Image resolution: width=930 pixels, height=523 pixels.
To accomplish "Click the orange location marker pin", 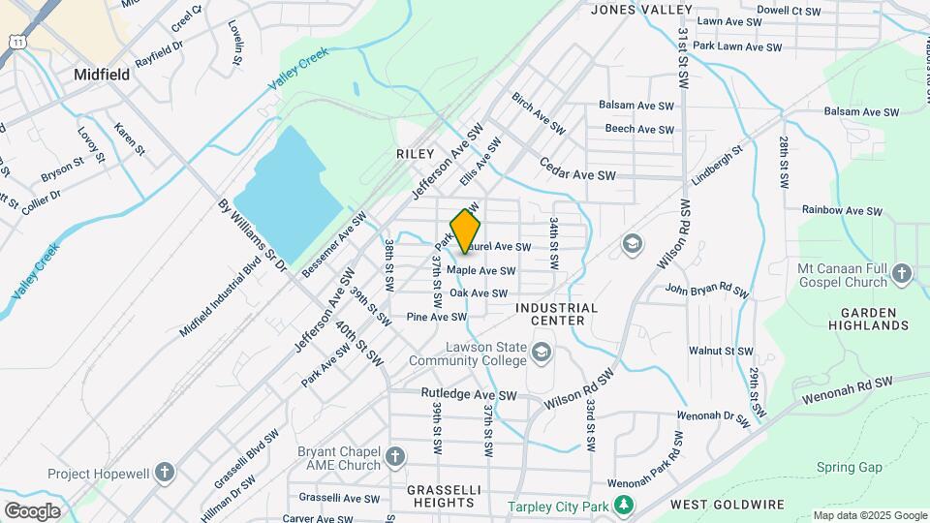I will (x=466, y=232).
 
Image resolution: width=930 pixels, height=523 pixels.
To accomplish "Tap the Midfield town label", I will (x=102, y=74).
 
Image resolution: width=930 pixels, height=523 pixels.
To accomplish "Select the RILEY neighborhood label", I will (x=413, y=154).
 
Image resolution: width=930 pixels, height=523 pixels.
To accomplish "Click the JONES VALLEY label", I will (x=640, y=10).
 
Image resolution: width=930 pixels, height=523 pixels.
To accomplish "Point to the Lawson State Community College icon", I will (x=541, y=354).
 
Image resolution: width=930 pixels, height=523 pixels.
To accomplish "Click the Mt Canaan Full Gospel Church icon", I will (x=902, y=274).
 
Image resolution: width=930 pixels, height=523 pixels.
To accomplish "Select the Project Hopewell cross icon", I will (x=166, y=474).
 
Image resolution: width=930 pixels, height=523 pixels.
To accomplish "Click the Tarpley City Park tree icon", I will (x=626, y=506).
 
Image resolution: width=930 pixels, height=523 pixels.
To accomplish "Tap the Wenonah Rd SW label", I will (x=847, y=390).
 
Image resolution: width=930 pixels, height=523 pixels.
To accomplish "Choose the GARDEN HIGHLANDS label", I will (x=874, y=319).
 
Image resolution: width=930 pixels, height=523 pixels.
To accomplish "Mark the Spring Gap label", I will (x=849, y=467).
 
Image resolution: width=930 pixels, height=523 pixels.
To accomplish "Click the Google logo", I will (x=32, y=510).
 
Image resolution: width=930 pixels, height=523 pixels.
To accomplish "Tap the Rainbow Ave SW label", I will (x=842, y=210).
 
